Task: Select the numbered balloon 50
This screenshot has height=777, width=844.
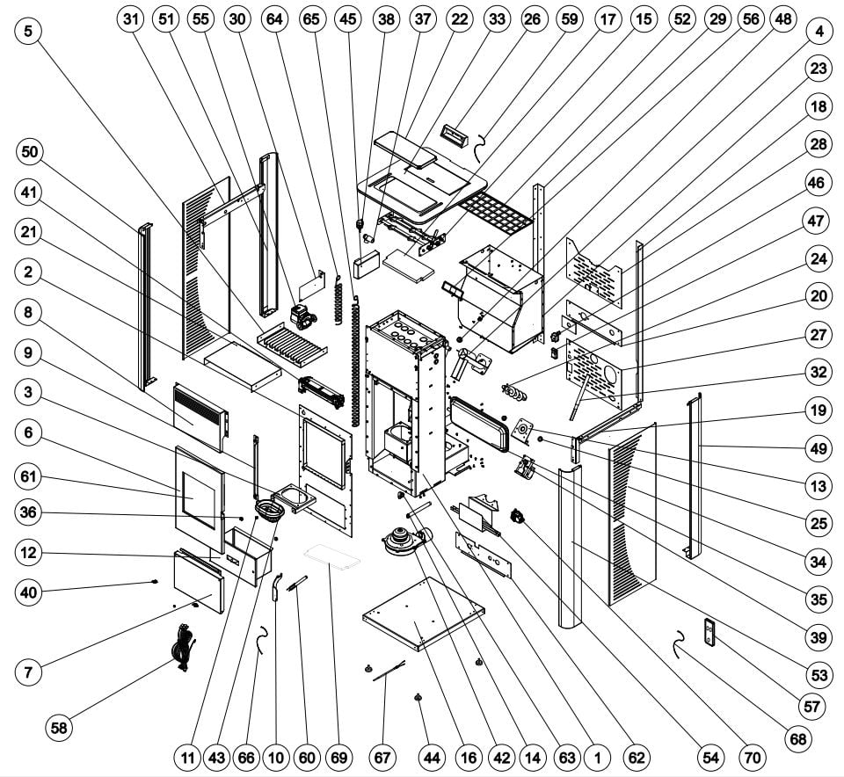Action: tap(29, 152)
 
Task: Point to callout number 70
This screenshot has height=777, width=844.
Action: tap(753, 756)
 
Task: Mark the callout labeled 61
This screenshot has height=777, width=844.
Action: tap(29, 476)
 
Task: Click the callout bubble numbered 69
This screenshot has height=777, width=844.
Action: tap(338, 756)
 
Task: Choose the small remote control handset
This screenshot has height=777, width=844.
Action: tap(710, 632)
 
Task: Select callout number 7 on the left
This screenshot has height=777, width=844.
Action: tap(29, 673)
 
